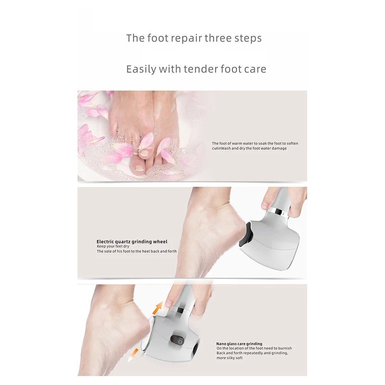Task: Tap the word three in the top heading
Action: [x=219, y=38]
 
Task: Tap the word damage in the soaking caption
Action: [x=279, y=148]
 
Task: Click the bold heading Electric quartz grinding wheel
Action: [x=132, y=242]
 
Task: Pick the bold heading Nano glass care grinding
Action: [x=239, y=344]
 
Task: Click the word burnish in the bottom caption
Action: [x=285, y=348]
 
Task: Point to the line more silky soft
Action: [x=230, y=358]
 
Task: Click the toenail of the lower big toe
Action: [x=138, y=168]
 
